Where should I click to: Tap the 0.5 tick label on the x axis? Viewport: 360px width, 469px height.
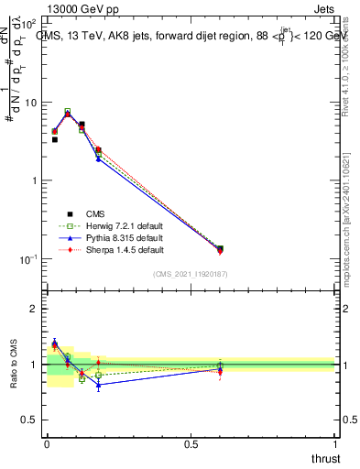(x=191, y=445)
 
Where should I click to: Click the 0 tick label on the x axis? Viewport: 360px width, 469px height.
(x=47, y=445)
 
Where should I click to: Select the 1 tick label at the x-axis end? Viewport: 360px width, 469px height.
(x=334, y=445)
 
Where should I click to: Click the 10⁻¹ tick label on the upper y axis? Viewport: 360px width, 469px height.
(x=29, y=259)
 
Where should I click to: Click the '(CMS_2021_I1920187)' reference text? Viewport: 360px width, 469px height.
(x=191, y=274)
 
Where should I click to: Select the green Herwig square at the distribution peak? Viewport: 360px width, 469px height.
(x=68, y=111)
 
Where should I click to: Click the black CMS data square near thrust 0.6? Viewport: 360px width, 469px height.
(x=220, y=248)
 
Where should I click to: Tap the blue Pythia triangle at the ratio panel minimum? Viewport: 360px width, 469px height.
(x=98, y=385)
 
